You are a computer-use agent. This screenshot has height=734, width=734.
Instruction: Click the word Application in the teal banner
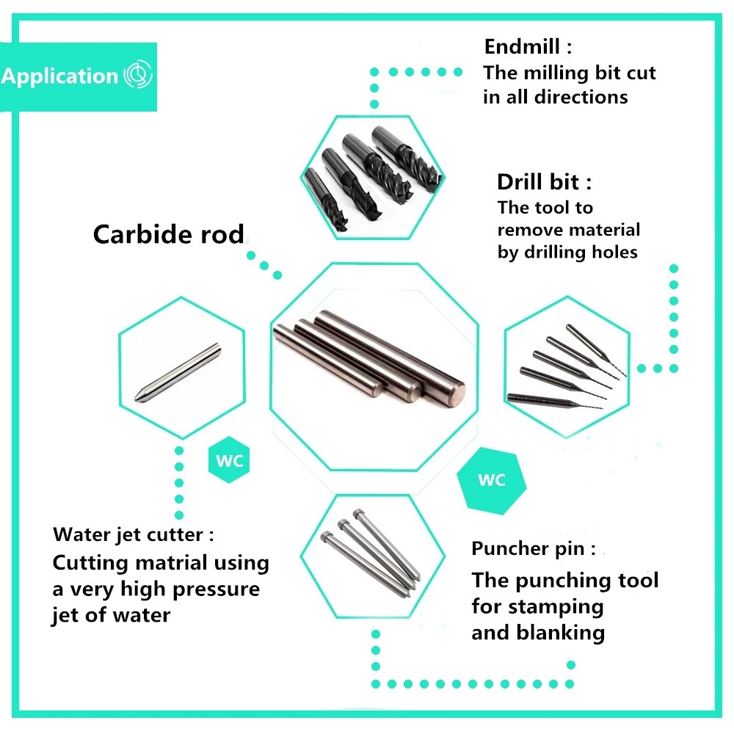[x=59, y=76]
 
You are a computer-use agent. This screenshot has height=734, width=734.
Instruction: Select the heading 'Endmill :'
[x=527, y=47]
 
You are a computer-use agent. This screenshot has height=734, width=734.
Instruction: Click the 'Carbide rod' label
[x=168, y=235]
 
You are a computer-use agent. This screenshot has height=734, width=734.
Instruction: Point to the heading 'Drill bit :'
[x=544, y=182]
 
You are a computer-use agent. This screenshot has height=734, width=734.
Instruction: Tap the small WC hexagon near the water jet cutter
[x=230, y=462]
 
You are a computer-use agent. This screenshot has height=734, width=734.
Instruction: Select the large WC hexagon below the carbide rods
[x=491, y=480]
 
